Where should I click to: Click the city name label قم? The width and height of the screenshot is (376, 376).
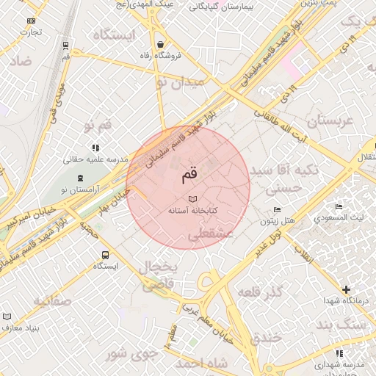coord(189,176)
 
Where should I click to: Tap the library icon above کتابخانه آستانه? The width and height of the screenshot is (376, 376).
coord(192,199)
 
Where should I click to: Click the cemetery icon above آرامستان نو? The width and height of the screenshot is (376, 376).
coord(80,178)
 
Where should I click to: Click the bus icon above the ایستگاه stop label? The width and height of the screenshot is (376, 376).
coord(106,255)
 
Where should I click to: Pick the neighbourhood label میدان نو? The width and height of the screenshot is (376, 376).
coord(178,82)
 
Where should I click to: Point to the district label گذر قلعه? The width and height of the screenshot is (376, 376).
coord(261,292)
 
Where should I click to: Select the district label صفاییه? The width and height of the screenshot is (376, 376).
coord(51,300)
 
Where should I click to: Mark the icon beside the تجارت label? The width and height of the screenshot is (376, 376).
coord(30,21)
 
